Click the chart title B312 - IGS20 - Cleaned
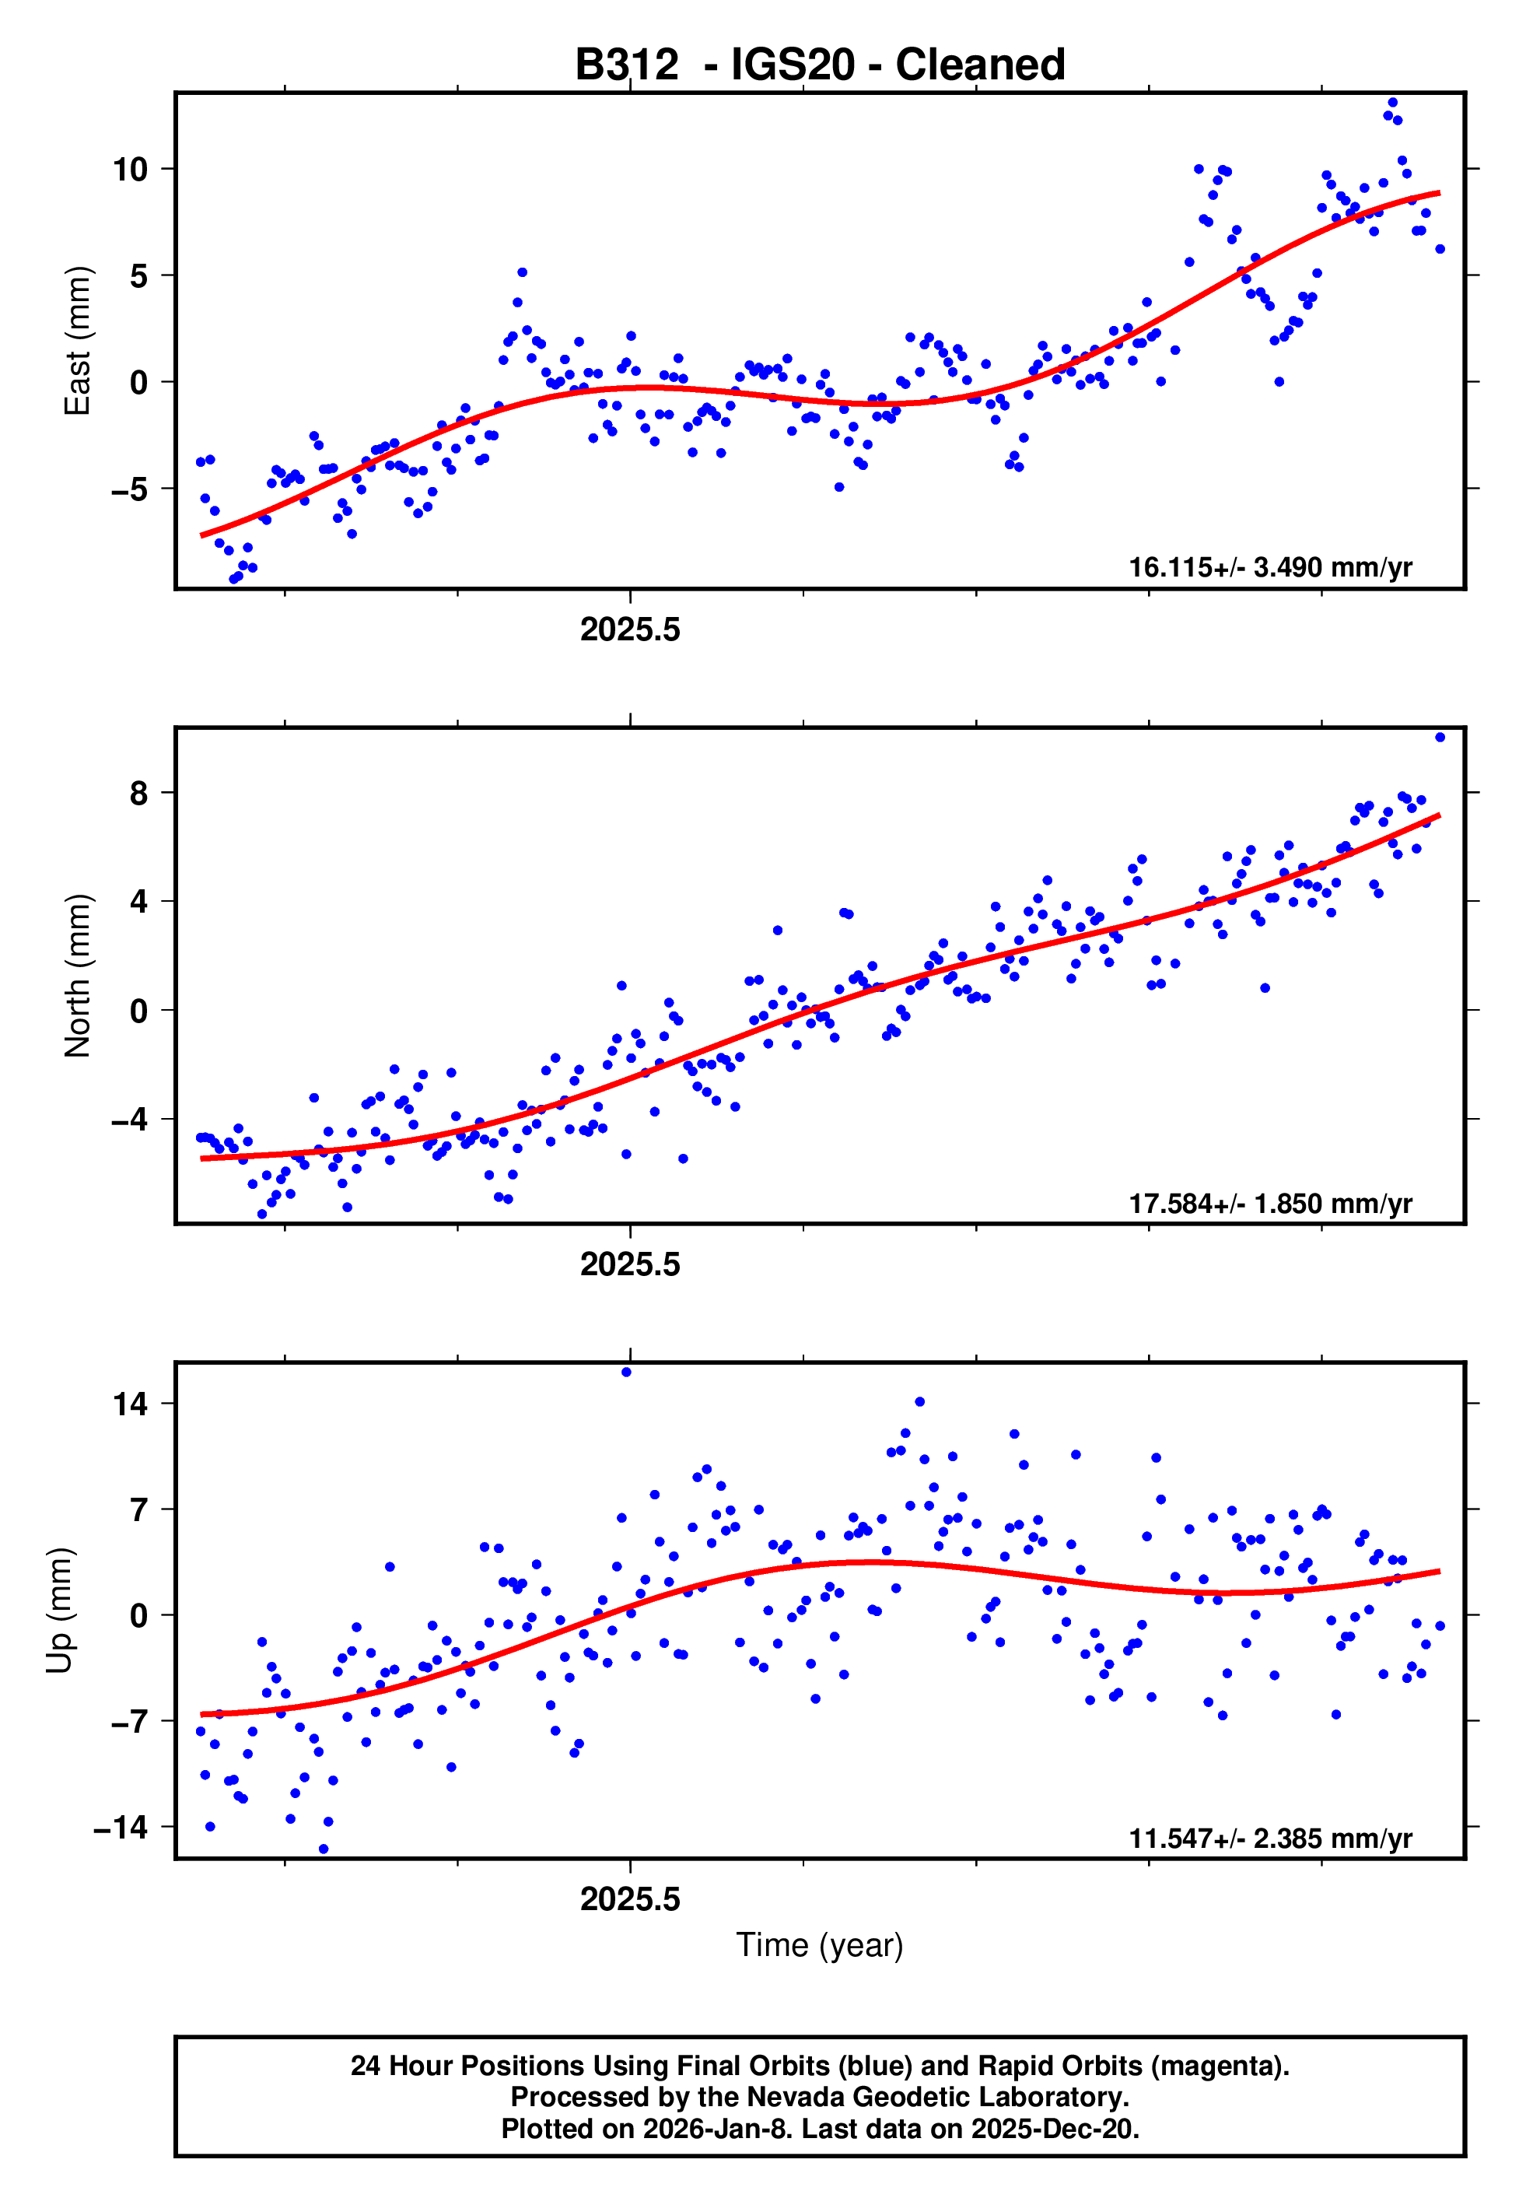click(820, 65)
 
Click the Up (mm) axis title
click(59, 1611)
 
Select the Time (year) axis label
click(820, 1945)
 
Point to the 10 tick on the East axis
click(130, 170)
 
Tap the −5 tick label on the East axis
click(128, 489)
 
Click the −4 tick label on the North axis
click(128, 1120)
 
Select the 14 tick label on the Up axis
click(130, 1404)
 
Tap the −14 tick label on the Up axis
click(121, 1828)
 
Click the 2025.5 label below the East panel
click(630, 629)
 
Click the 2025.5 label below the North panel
click(630, 1264)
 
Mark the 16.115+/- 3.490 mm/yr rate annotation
click(1270, 567)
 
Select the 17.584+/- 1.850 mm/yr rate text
click(1270, 1203)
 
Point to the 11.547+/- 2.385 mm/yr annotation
click(1270, 1838)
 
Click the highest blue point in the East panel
click(1392, 102)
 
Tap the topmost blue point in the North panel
click(1440, 738)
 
